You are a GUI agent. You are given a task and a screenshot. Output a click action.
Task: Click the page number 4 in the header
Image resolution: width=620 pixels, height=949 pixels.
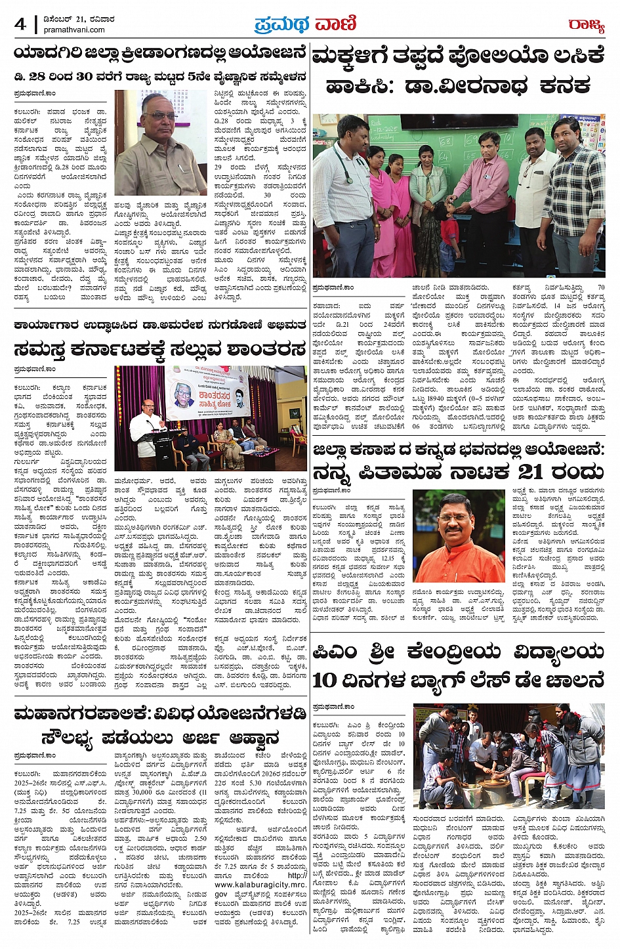tap(20, 24)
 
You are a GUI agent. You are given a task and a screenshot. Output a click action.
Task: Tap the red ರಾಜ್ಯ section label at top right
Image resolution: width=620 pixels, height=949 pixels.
tap(586, 25)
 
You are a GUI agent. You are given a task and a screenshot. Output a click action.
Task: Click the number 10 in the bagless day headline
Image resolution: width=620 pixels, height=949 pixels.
tap(325, 681)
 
